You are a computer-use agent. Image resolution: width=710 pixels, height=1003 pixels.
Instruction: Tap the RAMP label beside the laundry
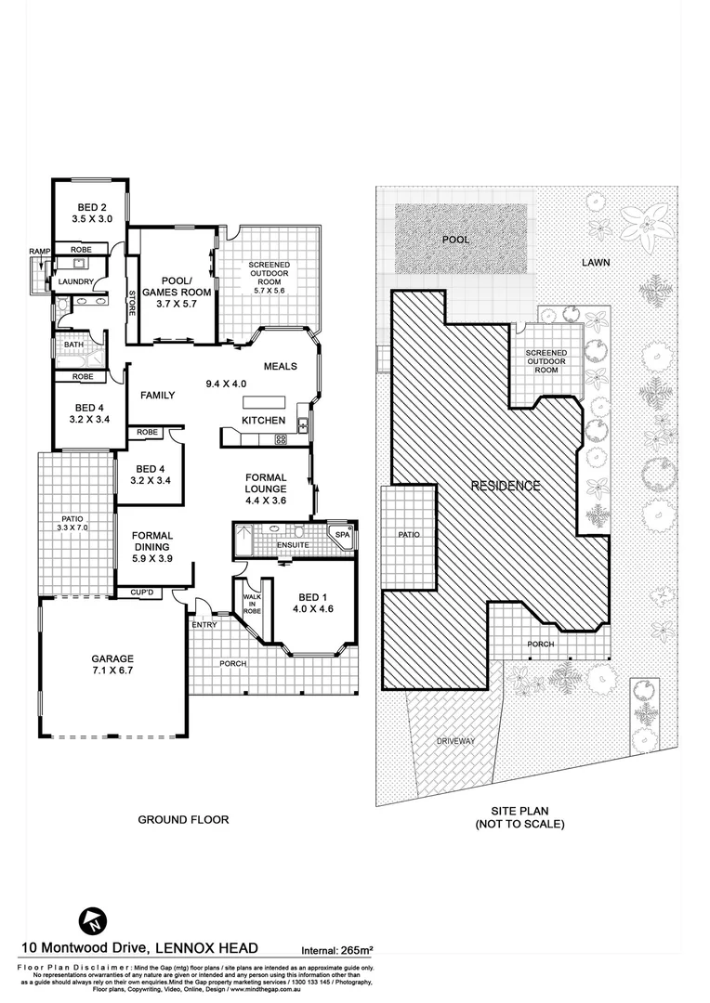point(39,252)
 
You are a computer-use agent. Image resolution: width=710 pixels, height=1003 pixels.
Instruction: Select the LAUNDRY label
point(75,281)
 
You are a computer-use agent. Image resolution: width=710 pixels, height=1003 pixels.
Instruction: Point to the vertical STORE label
point(132,303)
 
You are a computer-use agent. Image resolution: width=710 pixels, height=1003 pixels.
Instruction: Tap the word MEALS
point(280,366)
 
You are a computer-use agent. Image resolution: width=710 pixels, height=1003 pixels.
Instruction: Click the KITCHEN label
point(263,421)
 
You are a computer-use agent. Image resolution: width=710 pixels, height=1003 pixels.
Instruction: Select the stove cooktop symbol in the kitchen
point(280,439)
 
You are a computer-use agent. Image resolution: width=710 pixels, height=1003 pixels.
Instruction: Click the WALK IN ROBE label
point(251,605)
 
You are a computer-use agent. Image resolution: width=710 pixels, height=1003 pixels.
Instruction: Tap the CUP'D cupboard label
point(142,592)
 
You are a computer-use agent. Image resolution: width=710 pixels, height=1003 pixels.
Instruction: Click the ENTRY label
point(204,625)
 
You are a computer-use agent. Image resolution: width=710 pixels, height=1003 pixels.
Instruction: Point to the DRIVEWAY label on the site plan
point(455,741)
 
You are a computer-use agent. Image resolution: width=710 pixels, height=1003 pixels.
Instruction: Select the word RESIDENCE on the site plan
point(505,486)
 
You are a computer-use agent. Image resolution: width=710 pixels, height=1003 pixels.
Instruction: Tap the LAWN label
point(596,263)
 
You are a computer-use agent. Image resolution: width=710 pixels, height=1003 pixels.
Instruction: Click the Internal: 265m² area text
point(336,950)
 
